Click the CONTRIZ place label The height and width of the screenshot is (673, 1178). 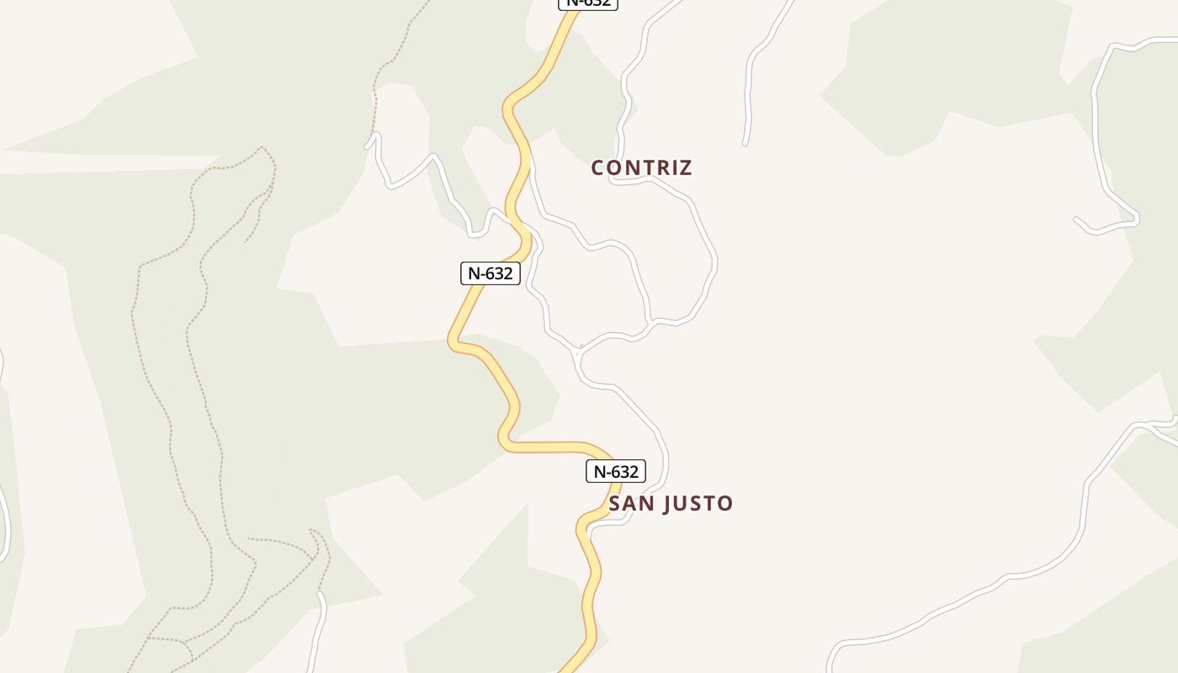641,167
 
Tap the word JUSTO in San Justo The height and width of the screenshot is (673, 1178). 698,504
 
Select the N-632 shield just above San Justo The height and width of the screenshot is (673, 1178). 615,471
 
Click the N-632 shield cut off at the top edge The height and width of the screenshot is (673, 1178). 588,3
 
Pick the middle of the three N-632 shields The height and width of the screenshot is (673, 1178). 490,273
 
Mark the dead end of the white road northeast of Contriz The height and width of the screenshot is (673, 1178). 746,144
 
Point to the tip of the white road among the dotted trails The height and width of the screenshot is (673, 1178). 320,594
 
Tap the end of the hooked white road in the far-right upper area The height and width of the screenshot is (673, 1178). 1076,220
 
